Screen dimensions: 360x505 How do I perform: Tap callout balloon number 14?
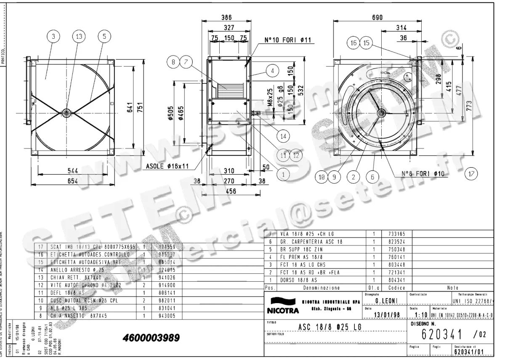(283, 136)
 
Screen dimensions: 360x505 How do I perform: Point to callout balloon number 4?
(272, 71)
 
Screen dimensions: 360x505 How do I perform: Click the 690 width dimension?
(377, 17)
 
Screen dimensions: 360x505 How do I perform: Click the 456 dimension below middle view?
(230, 191)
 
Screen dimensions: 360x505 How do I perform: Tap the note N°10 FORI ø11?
(287, 40)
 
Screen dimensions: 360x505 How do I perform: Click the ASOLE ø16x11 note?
(167, 167)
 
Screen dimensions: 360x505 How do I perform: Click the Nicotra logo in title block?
(282, 307)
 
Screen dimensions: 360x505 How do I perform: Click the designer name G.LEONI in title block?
(384, 301)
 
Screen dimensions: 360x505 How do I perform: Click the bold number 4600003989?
(151, 338)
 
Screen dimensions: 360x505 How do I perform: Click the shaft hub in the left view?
(66, 112)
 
